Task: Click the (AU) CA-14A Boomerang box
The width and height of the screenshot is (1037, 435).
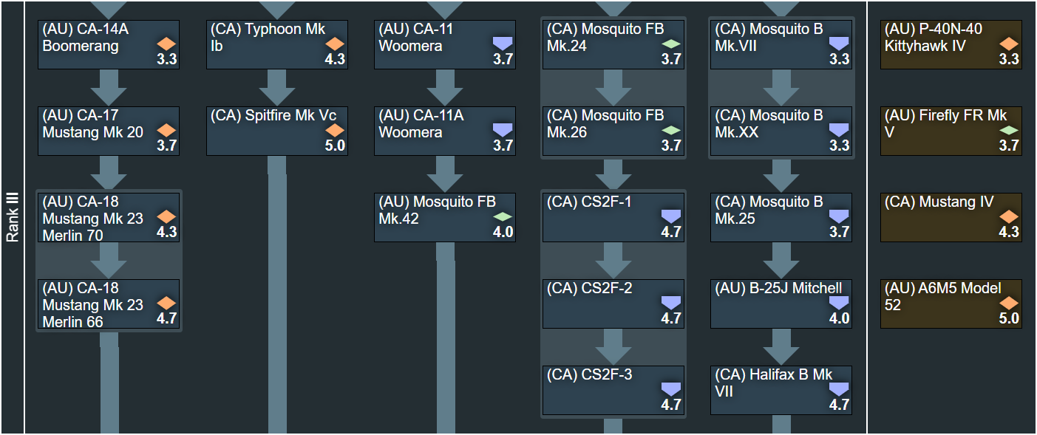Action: tap(109, 45)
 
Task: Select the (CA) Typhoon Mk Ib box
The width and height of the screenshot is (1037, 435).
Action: tap(277, 45)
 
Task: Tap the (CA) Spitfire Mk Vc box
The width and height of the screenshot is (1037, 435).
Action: tap(277, 131)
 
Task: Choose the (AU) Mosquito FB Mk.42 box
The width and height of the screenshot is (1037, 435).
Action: tap(445, 218)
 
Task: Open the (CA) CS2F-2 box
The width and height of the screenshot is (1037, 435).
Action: tap(613, 304)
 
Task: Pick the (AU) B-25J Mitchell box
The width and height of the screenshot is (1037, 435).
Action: tap(781, 304)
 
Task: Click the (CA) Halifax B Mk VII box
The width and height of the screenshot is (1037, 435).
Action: tap(781, 391)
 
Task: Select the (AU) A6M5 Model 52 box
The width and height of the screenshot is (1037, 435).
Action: tap(951, 304)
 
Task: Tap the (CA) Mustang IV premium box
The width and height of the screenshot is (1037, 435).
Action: tap(951, 218)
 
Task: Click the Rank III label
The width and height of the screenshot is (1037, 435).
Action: tap(13, 218)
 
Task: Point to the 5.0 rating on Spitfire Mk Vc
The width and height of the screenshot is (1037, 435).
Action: tap(335, 145)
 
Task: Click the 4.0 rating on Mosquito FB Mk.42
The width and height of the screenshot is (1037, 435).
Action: tap(503, 232)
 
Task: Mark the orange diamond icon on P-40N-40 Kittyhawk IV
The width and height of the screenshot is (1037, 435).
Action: tap(1009, 44)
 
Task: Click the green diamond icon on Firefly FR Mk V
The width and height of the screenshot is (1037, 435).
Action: tap(1009, 130)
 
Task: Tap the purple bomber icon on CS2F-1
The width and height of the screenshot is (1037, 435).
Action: tap(671, 216)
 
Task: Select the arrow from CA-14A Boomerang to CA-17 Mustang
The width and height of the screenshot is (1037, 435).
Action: tap(109, 88)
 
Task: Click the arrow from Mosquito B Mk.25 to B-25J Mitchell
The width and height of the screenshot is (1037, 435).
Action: tap(781, 261)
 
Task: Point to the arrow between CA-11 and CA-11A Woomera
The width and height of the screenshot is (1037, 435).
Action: tap(445, 88)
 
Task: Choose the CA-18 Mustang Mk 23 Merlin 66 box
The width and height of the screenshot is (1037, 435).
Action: tap(109, 304)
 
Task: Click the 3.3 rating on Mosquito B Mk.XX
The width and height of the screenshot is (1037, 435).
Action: tap(839, 145)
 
